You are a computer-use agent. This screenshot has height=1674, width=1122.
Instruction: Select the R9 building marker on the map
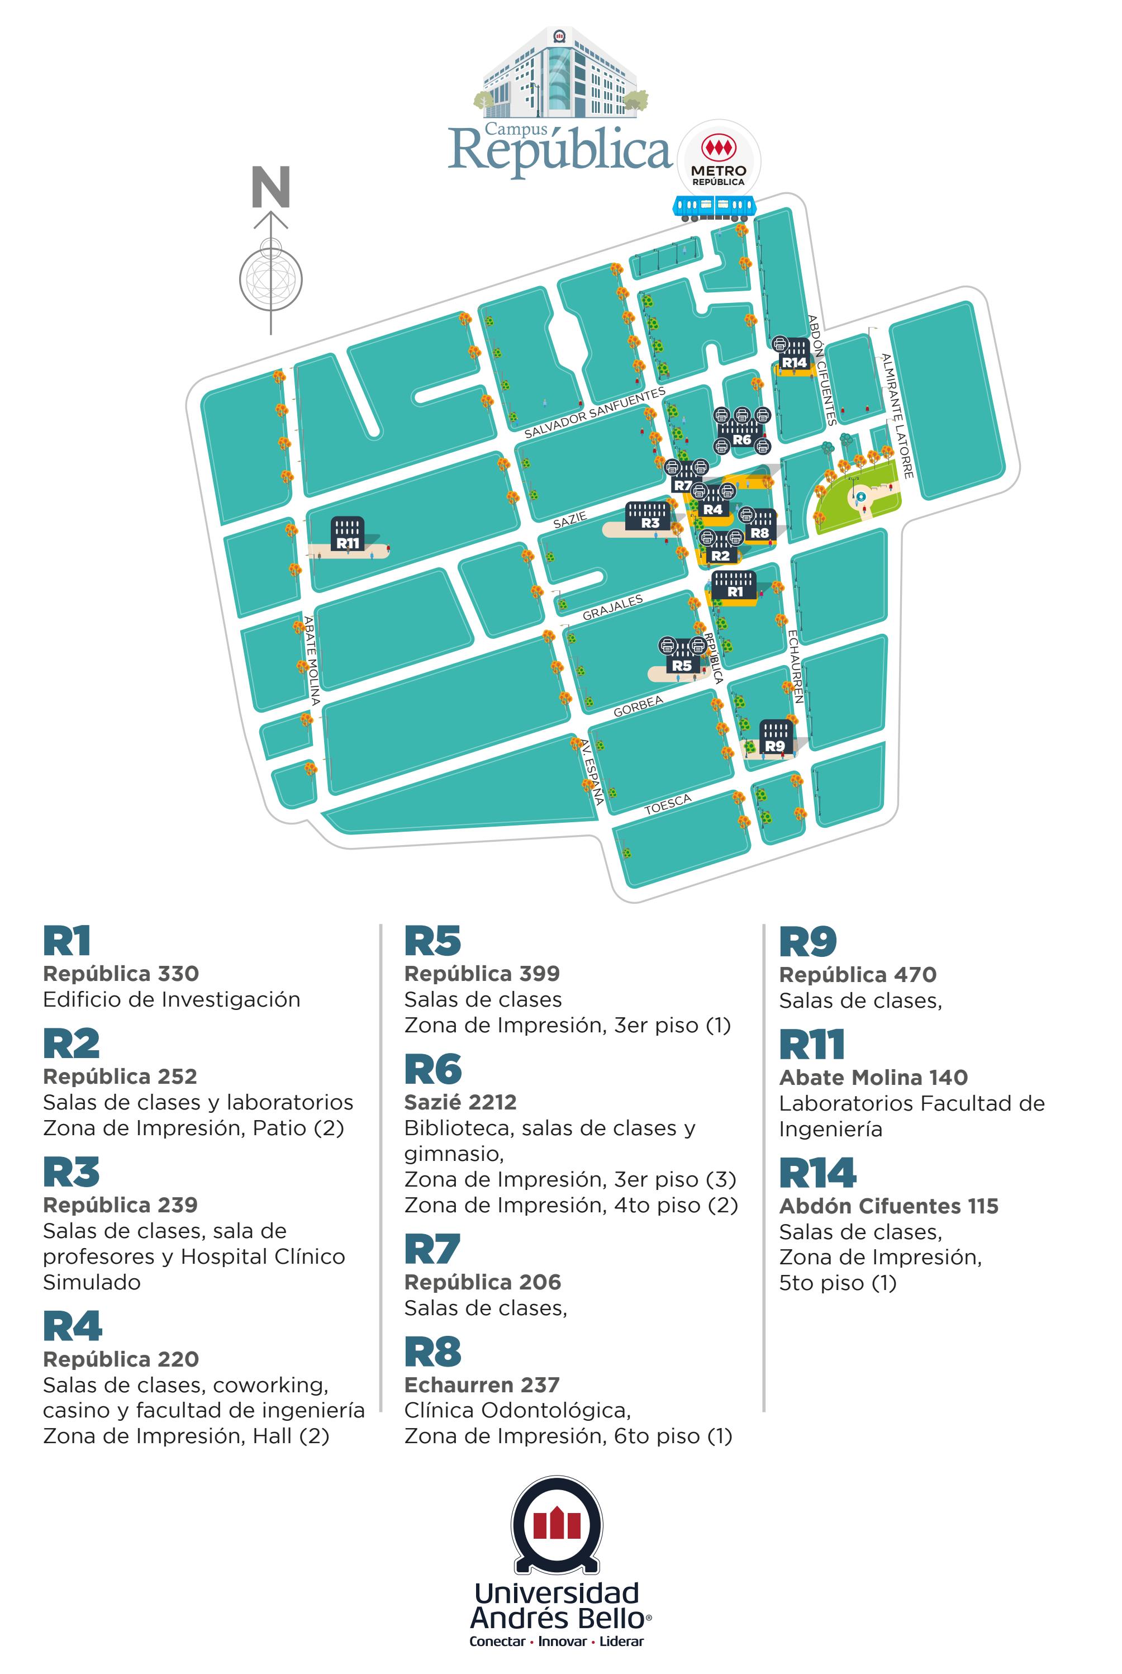[775, 738]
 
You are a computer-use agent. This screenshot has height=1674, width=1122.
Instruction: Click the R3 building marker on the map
[650, 516]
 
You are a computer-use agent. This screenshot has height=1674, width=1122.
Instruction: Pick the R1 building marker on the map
[735, 585]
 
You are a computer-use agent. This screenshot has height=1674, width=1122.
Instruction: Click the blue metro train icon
[714, 207]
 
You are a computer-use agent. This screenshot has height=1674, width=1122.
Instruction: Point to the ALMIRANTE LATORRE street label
[897, 416]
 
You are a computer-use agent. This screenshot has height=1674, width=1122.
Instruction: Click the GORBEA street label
[638, 706]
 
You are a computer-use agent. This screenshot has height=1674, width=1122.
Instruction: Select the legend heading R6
[433, 1070]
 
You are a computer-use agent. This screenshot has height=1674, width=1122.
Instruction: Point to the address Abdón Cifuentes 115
[888, 1206]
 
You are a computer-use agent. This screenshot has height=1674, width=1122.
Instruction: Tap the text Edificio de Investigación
[172, 999]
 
